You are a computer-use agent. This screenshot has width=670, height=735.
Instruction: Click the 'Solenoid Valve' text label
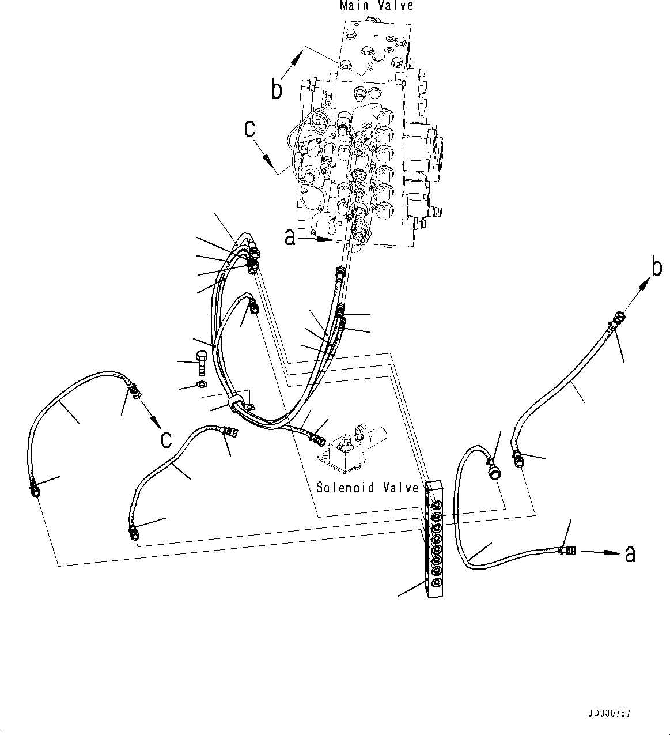pos(368,488)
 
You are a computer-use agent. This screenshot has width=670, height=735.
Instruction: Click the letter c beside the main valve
pos(249,129)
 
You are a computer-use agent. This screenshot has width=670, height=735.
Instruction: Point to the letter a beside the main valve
pos(290,237)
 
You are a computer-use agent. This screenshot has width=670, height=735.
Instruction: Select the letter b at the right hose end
pos(656,269)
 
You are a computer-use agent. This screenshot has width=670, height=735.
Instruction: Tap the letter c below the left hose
pos(166,439)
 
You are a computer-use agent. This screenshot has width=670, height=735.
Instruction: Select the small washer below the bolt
pos(200,385)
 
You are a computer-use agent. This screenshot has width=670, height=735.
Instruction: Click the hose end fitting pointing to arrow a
pos(567,551)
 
